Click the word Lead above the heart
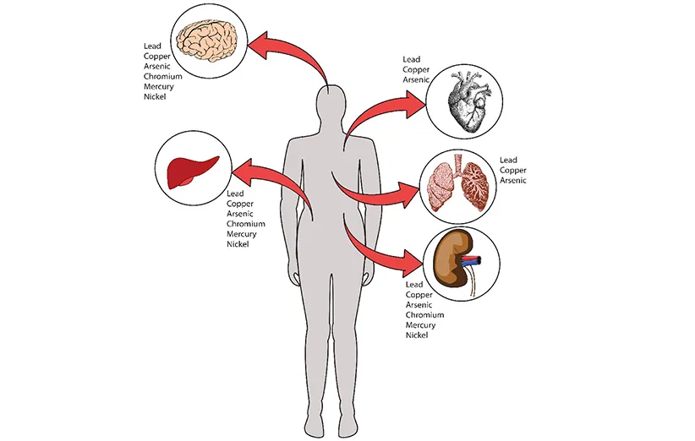[412, 59]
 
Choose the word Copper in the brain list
[159, 57]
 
